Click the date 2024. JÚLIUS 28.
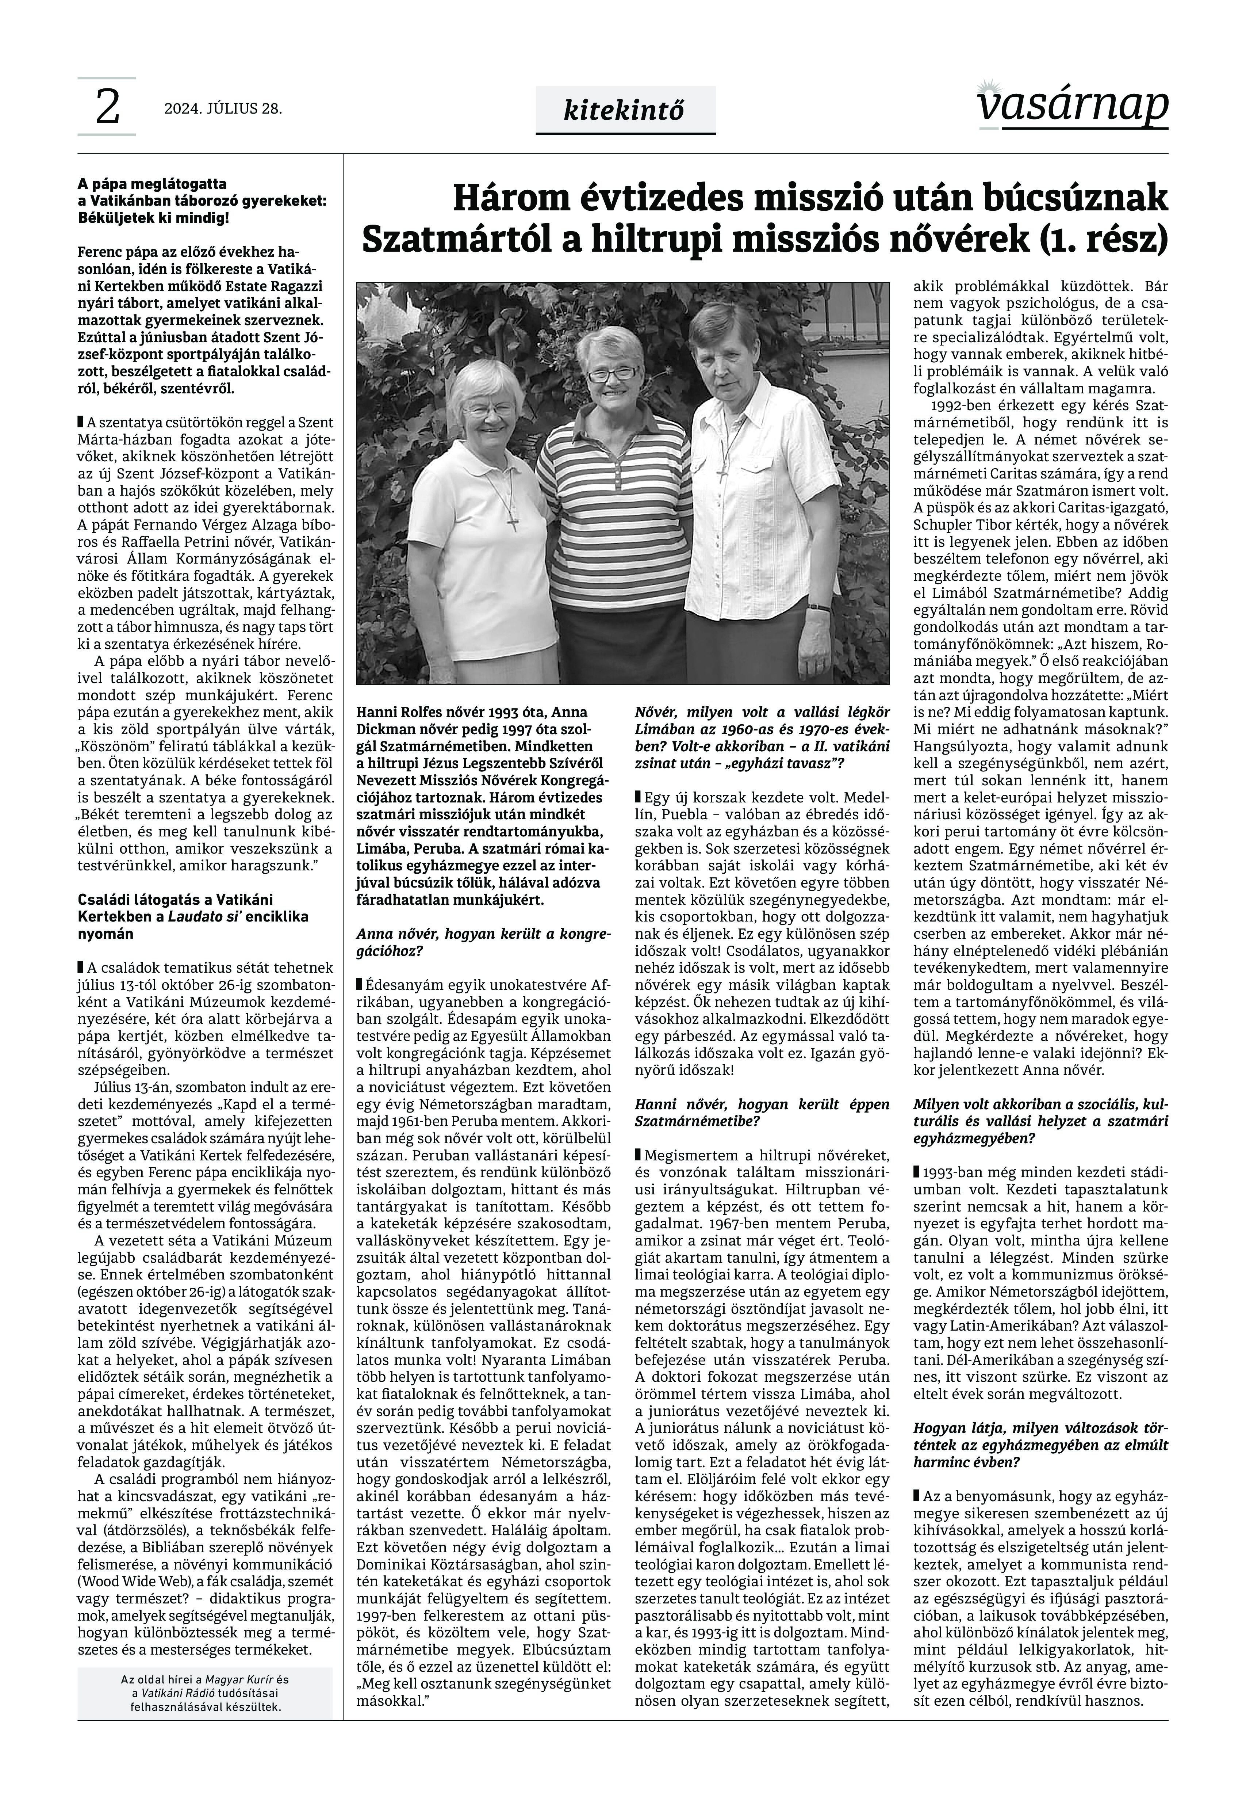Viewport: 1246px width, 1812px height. point(222,108)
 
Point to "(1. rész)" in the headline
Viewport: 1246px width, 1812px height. point(1103,239)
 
